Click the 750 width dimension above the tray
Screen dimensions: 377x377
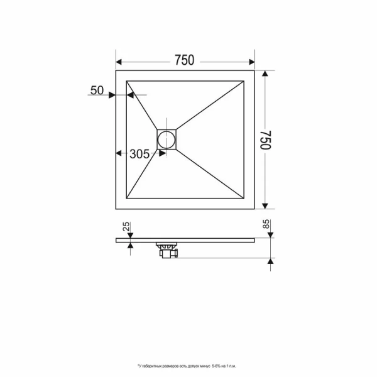pos(184,60)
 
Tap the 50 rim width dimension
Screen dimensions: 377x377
pos(97,90)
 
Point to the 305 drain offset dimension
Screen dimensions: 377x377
pos(139,154)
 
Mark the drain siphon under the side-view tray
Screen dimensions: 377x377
pos(168,249)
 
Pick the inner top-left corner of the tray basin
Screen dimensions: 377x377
pos(128,80)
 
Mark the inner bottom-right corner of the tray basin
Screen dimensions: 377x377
pos(243,197)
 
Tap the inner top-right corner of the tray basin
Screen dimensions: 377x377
pos(243,80)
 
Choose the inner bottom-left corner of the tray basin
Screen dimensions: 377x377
pos(128,197)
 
